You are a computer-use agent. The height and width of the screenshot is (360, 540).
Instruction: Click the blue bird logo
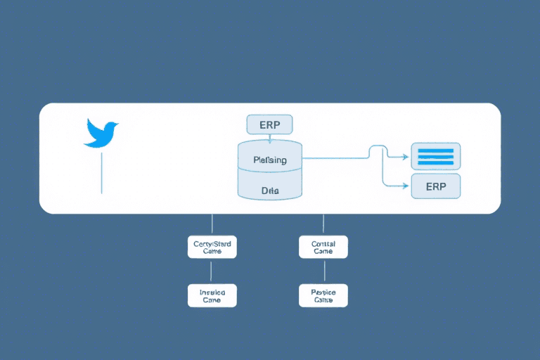click(x=102, y=133)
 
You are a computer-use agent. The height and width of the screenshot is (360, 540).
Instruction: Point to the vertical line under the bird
click(x=102, y=172)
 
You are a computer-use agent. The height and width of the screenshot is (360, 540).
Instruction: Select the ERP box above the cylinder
click(x=269, y=124)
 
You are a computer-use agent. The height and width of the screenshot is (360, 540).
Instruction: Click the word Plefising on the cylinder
click(x=269, y=160)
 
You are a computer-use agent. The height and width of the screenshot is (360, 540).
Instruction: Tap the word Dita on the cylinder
click(x=269, y=190)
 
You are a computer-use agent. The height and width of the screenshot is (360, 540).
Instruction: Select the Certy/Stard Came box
click(x=212, y=247)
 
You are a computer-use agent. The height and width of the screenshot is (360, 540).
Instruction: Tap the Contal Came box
click(x=323, y=247)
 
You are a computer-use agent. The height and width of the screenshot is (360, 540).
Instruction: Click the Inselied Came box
click(x=212, y=295)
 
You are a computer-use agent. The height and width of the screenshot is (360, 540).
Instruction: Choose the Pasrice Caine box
click(x=323, y=295)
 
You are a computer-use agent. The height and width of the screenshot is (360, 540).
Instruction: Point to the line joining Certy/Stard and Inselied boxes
click(x=212, y=271)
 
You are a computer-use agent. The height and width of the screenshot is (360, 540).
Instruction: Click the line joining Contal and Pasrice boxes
click(x=323, y=271)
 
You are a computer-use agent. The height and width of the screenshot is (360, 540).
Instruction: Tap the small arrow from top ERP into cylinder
click(x=269, y=139)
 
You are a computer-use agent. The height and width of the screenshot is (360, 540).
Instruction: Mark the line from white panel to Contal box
click(x=323, y=224)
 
